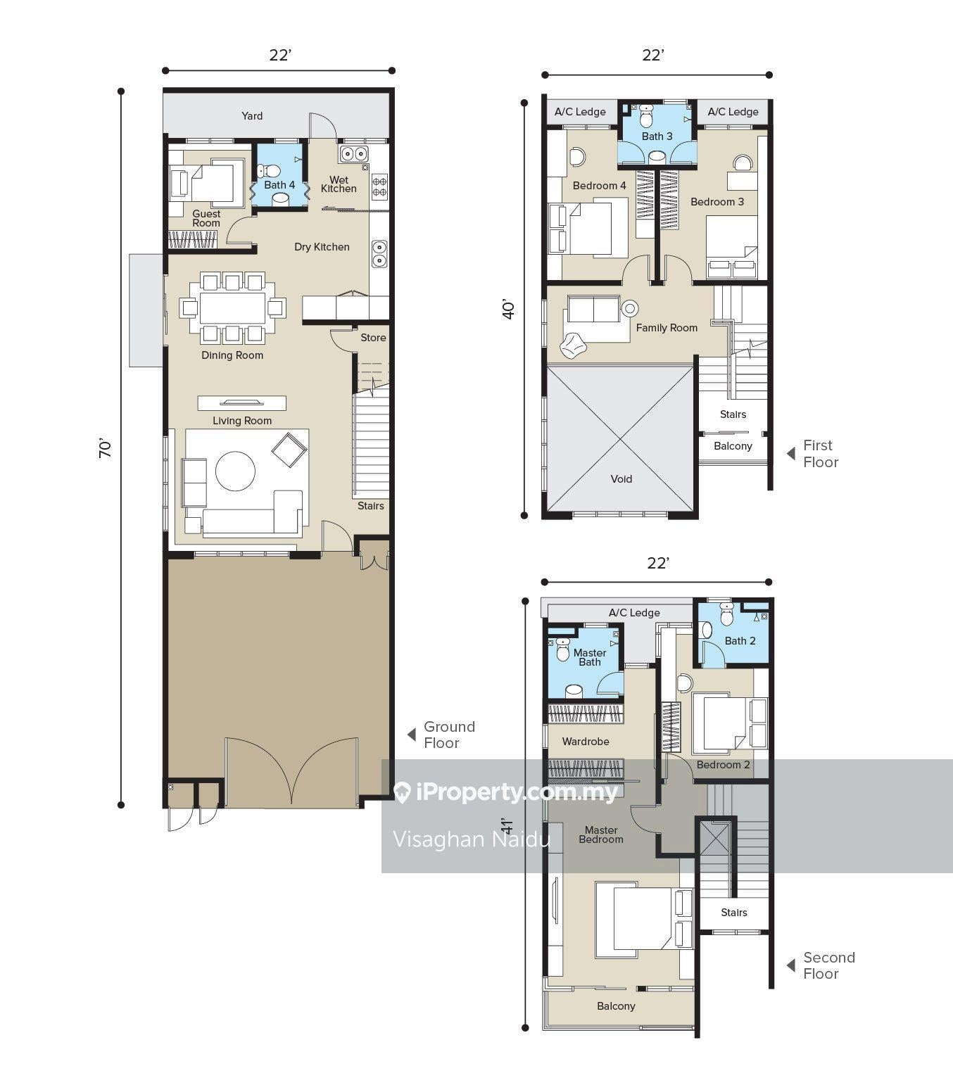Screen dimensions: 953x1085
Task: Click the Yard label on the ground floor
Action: coord(252,116)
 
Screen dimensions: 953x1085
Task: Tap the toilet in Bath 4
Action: coord(269,171)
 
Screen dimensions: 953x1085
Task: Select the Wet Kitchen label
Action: coord(339,184)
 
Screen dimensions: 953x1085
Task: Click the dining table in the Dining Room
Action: coord(232,308)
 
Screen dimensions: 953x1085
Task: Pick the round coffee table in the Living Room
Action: coord(235,471)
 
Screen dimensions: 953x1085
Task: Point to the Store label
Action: coord(373,338)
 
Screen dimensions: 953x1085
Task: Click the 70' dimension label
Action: coord(105,448)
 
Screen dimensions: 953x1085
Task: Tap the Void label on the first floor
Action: coord(621,479)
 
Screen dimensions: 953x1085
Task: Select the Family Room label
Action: coord(667,328)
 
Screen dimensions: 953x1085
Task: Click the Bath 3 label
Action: coord(657,137)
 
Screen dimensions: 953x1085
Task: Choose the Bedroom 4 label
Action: coord(599,186)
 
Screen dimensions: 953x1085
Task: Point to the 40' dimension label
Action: coord(508,310)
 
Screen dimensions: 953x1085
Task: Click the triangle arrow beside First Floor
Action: coord(790,454)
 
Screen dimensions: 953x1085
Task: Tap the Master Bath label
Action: coord(590,657)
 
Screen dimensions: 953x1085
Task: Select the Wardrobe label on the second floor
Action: coord(586,742)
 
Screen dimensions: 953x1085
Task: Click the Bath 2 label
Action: coord(740,641)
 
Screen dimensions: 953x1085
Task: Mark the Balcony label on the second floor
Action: coord(616,1006)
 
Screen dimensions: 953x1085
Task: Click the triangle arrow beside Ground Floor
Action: coord(412,734)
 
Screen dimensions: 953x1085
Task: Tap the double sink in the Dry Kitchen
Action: coord(379,254)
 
